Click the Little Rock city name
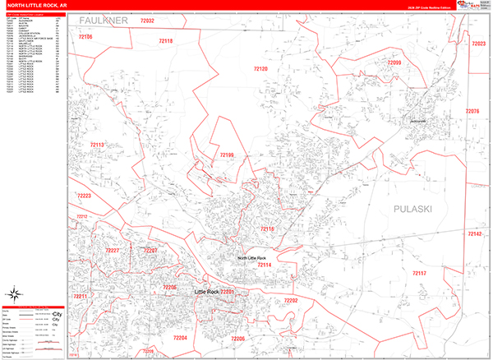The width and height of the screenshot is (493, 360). (206, 292)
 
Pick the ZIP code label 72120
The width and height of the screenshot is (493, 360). (260, 69)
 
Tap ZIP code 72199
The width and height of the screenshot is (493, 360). (226, 155)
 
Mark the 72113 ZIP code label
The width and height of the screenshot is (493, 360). (97, 145)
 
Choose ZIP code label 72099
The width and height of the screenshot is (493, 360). (394, 62)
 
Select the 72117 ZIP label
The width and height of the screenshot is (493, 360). (419, 272)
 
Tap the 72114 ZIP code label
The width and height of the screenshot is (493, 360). (264, 265)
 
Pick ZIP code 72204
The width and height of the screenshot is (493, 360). (180, 338)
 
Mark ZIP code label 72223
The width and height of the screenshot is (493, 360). (84, 196)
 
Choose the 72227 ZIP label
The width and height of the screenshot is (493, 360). (113, 250)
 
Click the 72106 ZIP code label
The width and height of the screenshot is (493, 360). (85, 38)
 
